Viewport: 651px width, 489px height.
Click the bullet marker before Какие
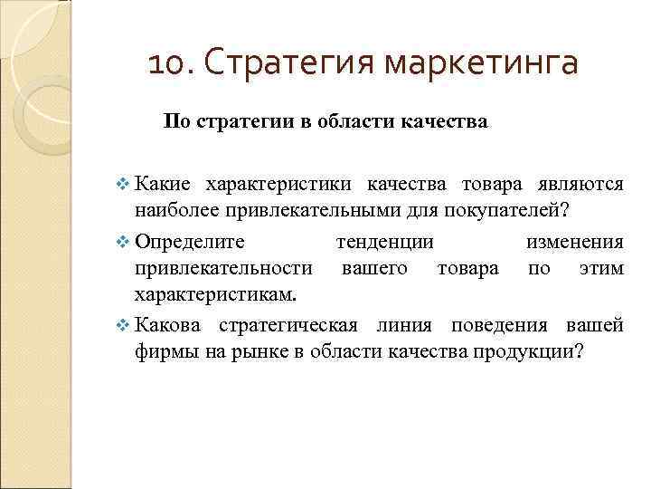124,185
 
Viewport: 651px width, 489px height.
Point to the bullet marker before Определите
124,243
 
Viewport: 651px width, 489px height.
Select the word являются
581,185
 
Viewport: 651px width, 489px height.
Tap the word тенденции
384,243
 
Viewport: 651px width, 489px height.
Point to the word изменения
575,243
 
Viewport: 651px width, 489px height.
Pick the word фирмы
164,352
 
